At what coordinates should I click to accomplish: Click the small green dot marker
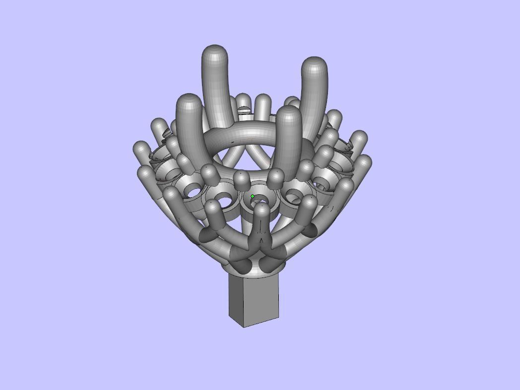(x=253, y=197)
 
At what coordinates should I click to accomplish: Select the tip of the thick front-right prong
(x=288, y=112)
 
